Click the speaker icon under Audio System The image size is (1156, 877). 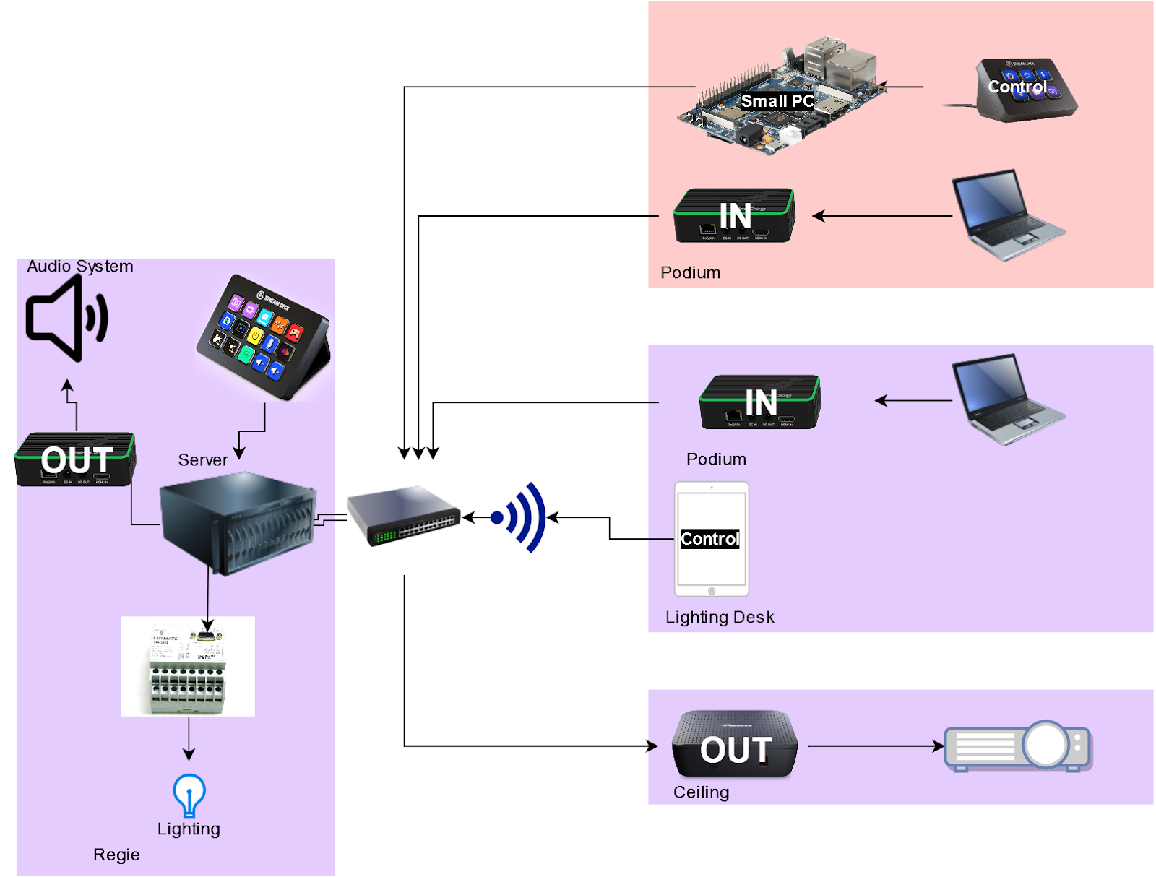[x=66, y=318]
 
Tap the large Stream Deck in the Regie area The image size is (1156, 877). [x=264, y=337]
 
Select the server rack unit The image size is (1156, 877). [x=237, y=522]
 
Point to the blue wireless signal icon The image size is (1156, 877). [x=520, y=517]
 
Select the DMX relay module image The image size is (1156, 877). [x=188, y=666]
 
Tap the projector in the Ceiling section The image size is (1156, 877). [x=1019, y=746]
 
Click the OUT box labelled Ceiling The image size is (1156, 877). [x=735, y=744]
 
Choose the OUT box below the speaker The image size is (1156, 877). [x=75, y=459]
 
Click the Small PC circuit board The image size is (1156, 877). [x=780, y=98]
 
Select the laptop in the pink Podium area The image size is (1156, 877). [x=1007, y=215]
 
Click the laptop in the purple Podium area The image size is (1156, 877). [x=1007, y=399]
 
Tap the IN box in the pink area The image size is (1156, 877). [x=734, y=215]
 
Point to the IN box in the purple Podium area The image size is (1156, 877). [x=760, y=402]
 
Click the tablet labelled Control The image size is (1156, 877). [x=712, y=539]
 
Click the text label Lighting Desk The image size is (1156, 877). [x=720, y=617]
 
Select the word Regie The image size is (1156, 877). [x=116, y=855]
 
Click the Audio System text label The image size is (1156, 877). [x=80, y=266]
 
